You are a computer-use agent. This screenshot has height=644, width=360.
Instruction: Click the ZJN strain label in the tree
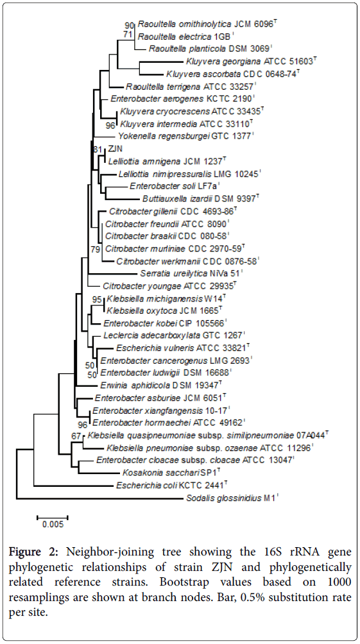click(115, 149)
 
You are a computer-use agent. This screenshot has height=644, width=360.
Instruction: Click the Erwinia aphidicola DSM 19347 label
click(161, 386)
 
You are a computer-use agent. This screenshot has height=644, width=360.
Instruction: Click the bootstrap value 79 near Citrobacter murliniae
click(95, 249)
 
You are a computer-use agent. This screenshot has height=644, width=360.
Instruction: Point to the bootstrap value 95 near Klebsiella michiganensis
click(97, 300)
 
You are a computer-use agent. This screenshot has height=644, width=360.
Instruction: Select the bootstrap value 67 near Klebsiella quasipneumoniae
click(76, 436)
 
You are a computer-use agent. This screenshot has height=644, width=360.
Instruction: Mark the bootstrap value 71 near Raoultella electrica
click(128, 35)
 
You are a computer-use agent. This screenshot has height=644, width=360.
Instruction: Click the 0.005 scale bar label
click(53, 525)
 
